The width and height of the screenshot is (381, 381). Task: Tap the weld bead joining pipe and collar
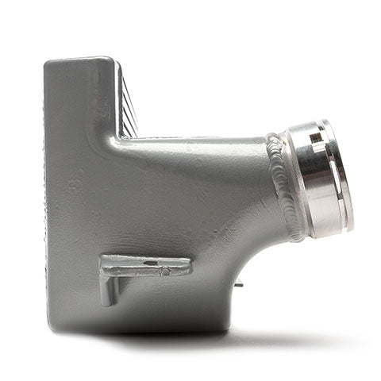(x=284, y=184)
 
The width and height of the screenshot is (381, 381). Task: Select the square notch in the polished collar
(x=316, y=137)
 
